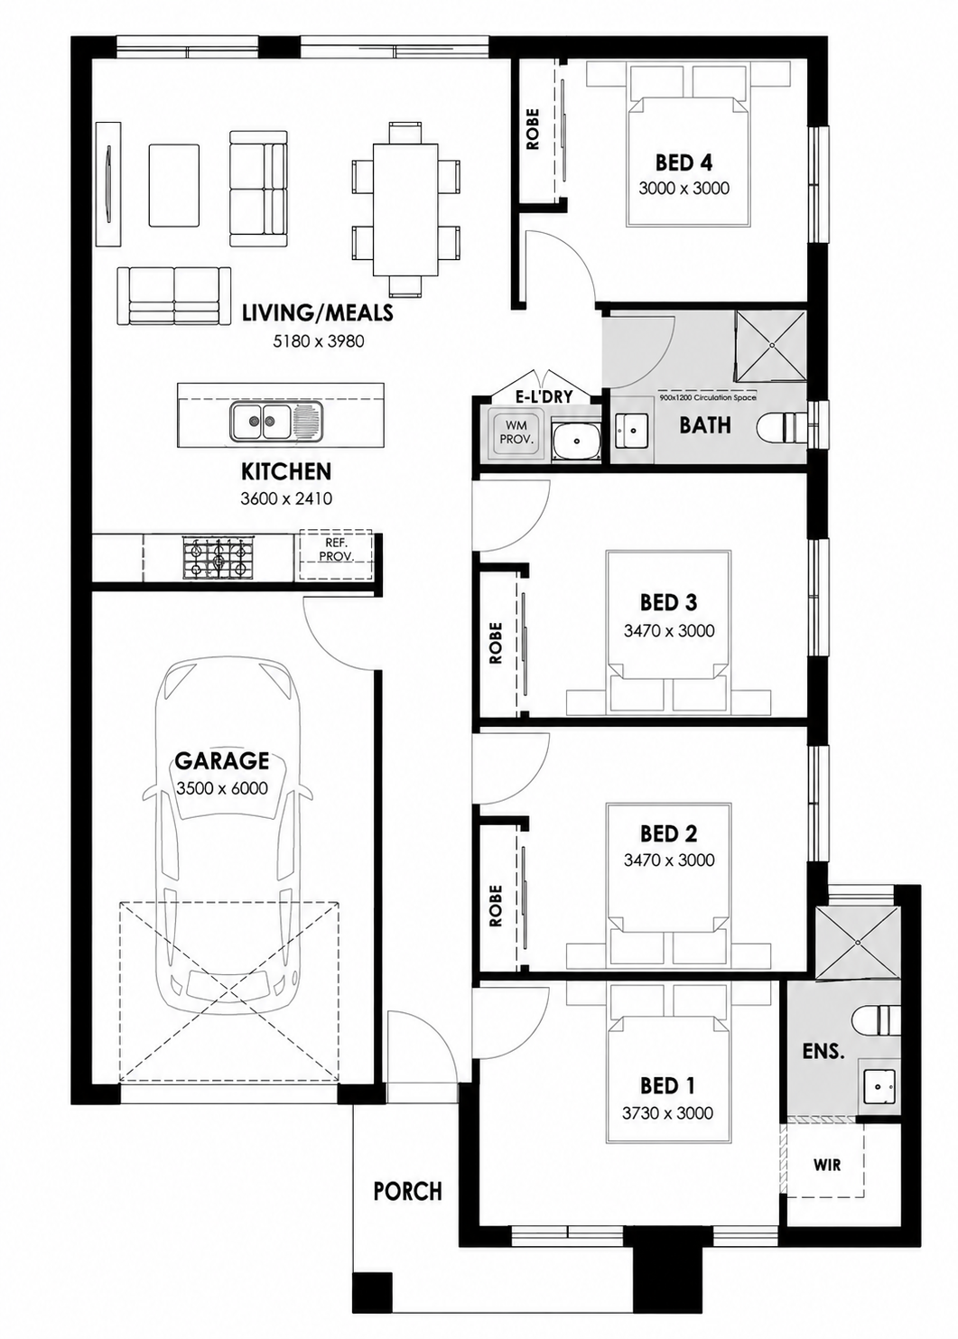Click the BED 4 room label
(684, 162)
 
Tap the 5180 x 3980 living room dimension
(318, 341)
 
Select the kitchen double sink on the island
(275, 422)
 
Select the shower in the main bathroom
(770, 347)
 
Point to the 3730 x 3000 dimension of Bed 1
(667, 1113)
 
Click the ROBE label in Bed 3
(496, 643)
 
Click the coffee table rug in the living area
(174, 185)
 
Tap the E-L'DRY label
(544, 395)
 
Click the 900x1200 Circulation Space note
(708, 397)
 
